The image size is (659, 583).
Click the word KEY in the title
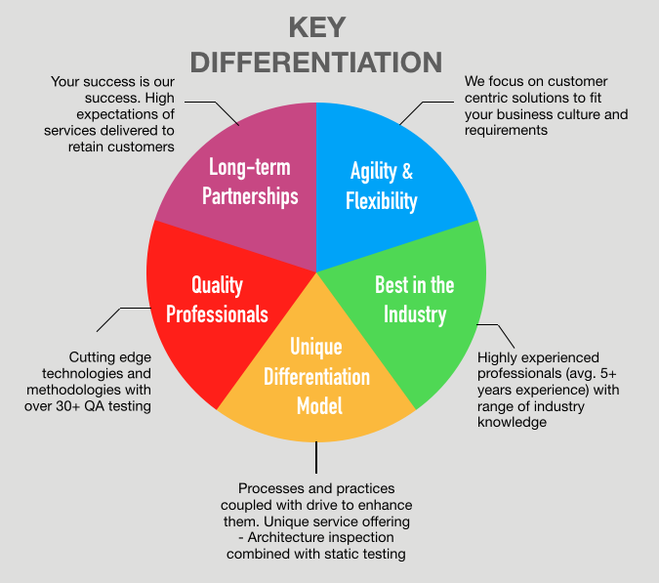point(317,27)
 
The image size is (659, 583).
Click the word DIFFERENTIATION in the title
point(316,62)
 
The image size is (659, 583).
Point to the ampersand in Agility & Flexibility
point(407,171)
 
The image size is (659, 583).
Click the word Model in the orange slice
point(319,406)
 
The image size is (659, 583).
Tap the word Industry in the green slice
point(415,314)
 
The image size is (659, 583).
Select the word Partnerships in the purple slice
point(250,196)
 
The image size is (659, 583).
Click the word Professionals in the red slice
point(217,314)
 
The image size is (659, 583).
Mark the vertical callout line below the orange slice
point(316,457)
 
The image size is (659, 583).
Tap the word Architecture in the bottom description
point(284,537)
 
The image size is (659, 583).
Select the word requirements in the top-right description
point(506,131)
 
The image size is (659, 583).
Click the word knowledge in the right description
point(512,422)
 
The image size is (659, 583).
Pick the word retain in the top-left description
point(86,146)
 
